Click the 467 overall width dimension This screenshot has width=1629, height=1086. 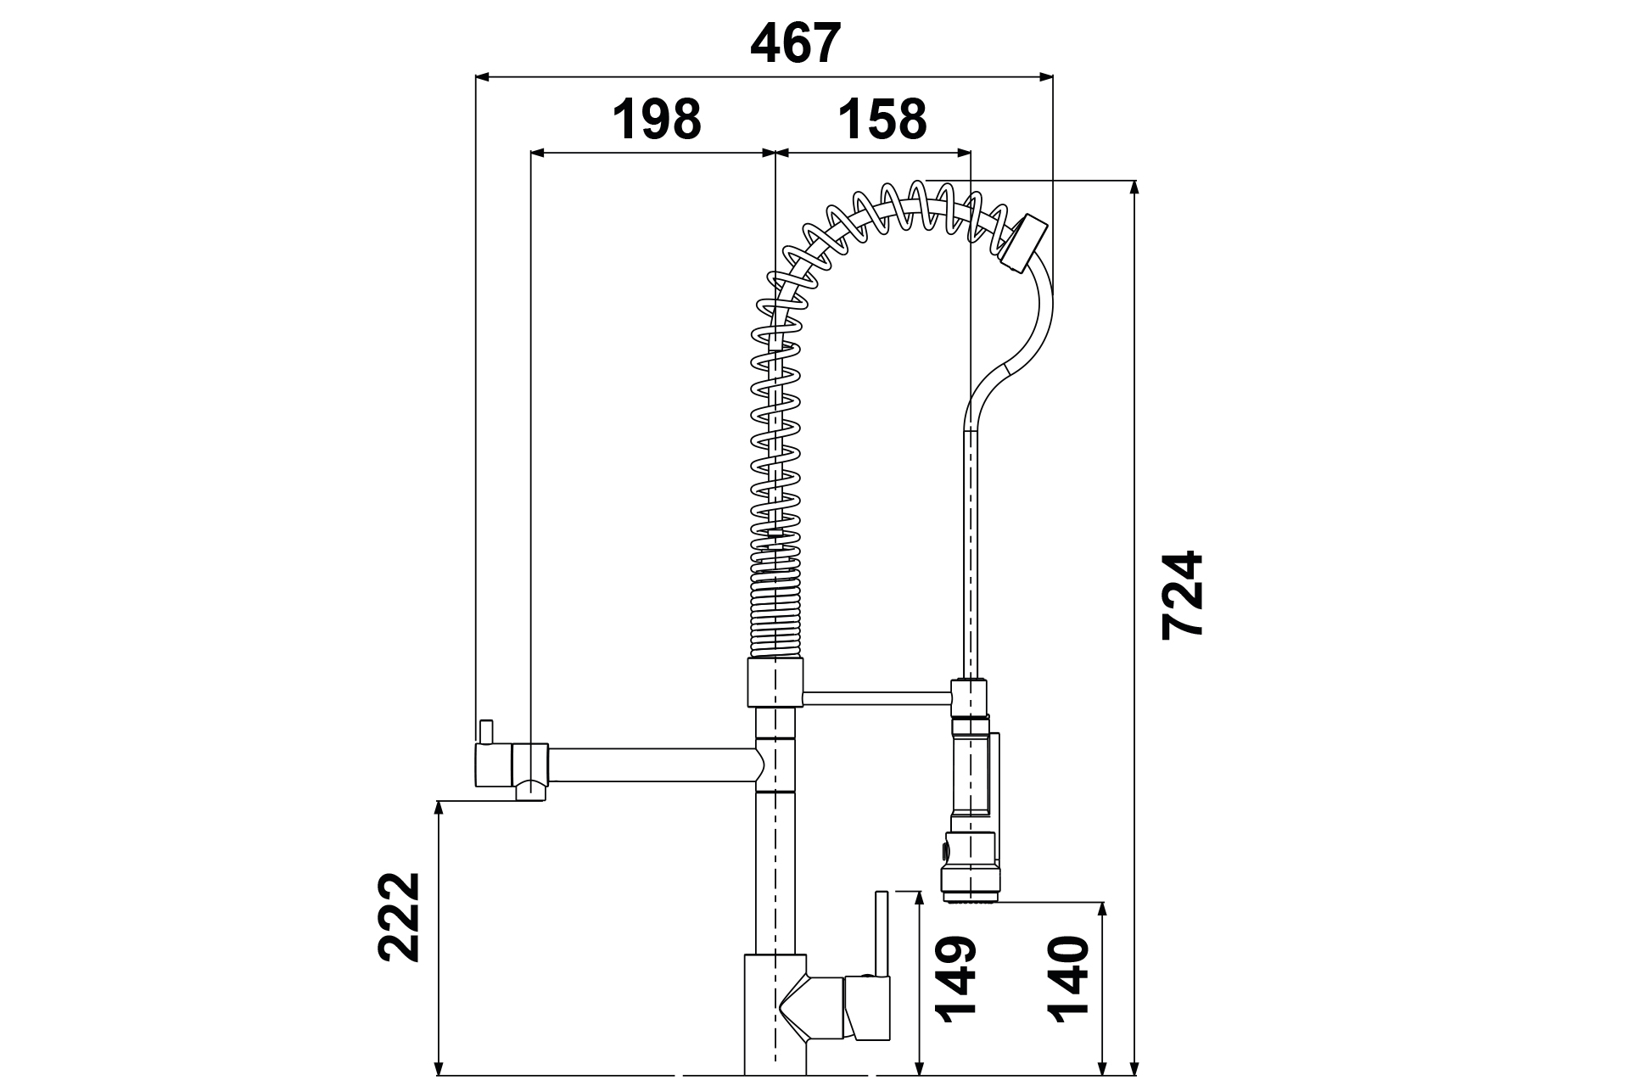pos(795,44)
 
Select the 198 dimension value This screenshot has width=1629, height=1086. pos(658,120)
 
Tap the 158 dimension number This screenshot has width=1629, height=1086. pos(882,120)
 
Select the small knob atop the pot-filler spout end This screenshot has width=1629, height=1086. pos(486,731)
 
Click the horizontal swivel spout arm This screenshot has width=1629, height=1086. pos(653,764)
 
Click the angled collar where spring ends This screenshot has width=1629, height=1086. pos(1023,243)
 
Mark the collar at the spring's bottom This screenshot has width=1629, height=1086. pos(774,682)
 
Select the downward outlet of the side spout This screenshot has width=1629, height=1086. pos(530,791)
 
